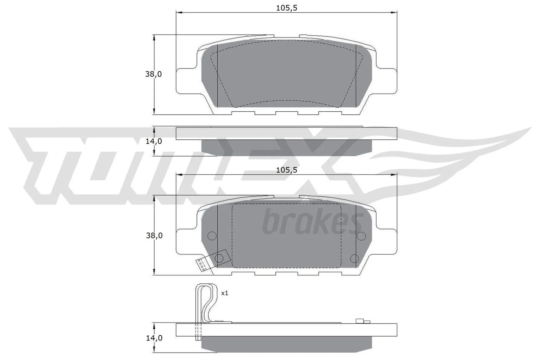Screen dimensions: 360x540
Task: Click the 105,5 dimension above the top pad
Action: pyautogui.click(x=287, y=8)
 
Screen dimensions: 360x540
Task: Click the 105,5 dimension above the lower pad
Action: pyautogui.click(x=287, y=170)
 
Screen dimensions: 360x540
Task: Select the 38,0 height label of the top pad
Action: pyautogui.click(x=154, y=74)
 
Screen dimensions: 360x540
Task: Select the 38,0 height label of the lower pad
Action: pyautogui.click(x=154, y=236)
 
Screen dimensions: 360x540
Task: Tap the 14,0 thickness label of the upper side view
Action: pyautogui.click(x=154, y=141)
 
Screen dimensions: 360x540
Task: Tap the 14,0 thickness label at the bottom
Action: pyautogui.click(x=154, y=338)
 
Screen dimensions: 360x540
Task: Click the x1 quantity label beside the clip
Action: pyautogui.click(x=224, y=293)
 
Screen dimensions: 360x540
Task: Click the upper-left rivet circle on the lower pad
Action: pyautogui.click(x=211, y=236)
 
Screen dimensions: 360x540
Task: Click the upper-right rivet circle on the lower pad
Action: pyautogui.click(x=361, y=235)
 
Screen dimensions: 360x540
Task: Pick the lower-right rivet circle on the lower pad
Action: pyautogui.click(x=354, y=258)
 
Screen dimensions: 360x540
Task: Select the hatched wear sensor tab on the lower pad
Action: pyautogui.click(x=202, y=265)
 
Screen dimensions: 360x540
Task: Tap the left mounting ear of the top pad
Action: pyautogui.click(x=186, y=81)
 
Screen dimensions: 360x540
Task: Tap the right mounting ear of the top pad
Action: pyautogui.click(x=386, y=81)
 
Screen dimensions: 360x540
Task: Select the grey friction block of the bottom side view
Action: pyautogui.click(x=287, y=343)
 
